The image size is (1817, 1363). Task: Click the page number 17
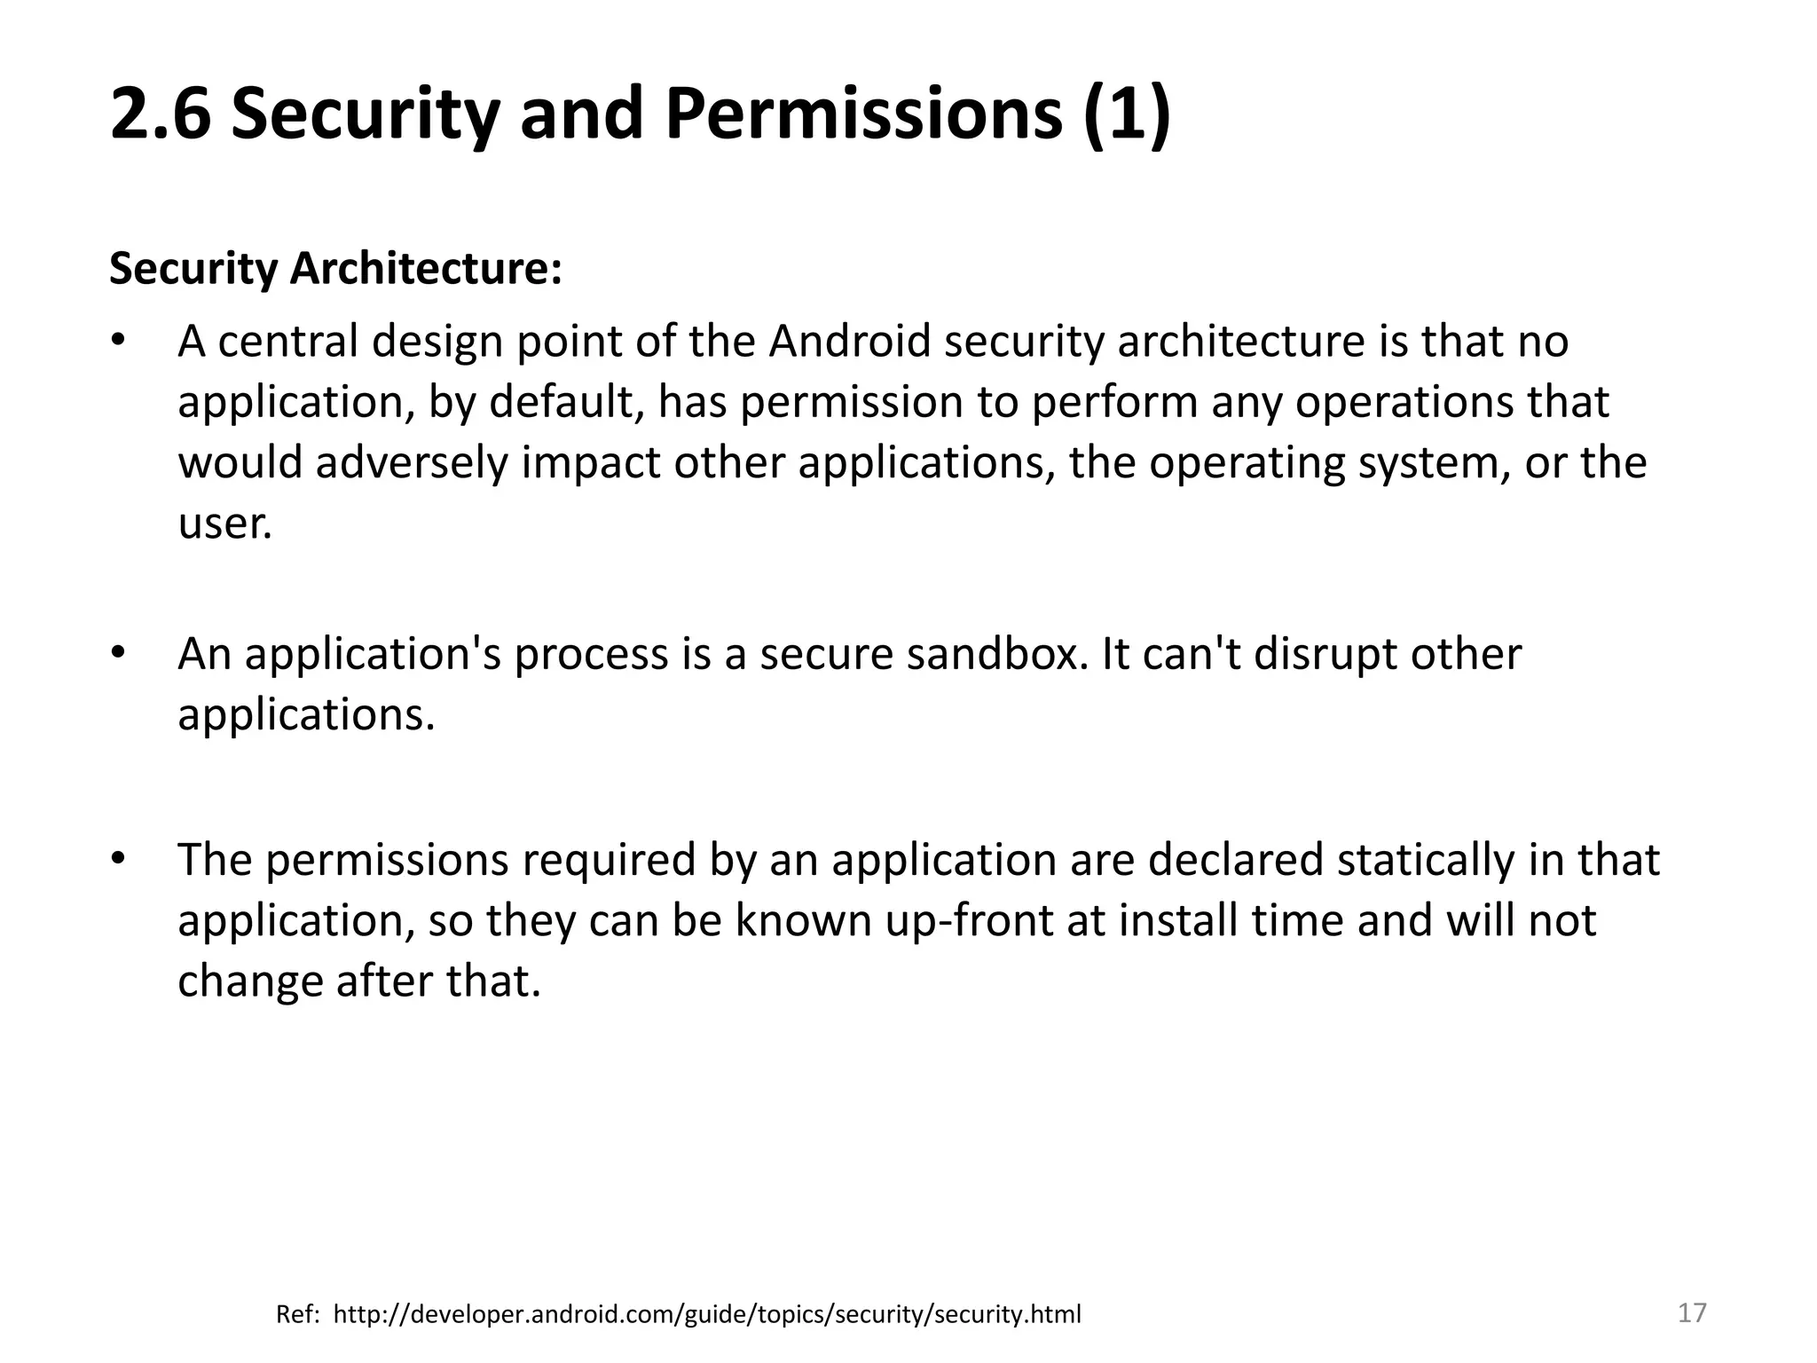1692,1312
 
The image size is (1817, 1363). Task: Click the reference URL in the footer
707,1314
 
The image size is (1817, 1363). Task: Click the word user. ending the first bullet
224,524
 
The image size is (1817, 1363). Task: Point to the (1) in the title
1127,115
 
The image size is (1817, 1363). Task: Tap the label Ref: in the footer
297,1314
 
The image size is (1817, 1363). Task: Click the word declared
1234,860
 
